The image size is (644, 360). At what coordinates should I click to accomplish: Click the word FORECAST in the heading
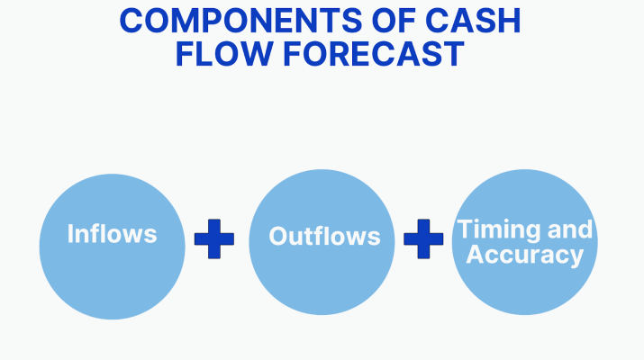tap(376, 54)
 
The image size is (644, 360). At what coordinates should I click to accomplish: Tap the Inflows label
tap(112, 235)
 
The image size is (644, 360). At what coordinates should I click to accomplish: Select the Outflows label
tap(324, 238)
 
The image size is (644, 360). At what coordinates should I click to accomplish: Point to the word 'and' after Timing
tap(571, 229)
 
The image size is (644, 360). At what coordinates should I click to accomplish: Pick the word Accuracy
tap(524, 255)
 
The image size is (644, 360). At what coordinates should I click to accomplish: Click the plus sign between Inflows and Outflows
tap(214, 239)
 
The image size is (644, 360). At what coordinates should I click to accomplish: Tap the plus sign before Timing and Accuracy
tap(423, 238)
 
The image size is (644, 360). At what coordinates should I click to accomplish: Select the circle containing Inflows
tap(112, 270)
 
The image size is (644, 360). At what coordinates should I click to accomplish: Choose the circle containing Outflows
tap(322, 279)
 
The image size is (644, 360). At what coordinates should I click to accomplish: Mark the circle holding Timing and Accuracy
tap(525, 288)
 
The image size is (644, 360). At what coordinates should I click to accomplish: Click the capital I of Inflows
tap(70, 235)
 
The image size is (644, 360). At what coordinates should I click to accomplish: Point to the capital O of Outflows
tap(278, 238)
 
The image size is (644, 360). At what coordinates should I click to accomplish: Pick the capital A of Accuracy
tap(476, 255)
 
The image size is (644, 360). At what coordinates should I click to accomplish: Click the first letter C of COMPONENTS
tap(132, 21)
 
